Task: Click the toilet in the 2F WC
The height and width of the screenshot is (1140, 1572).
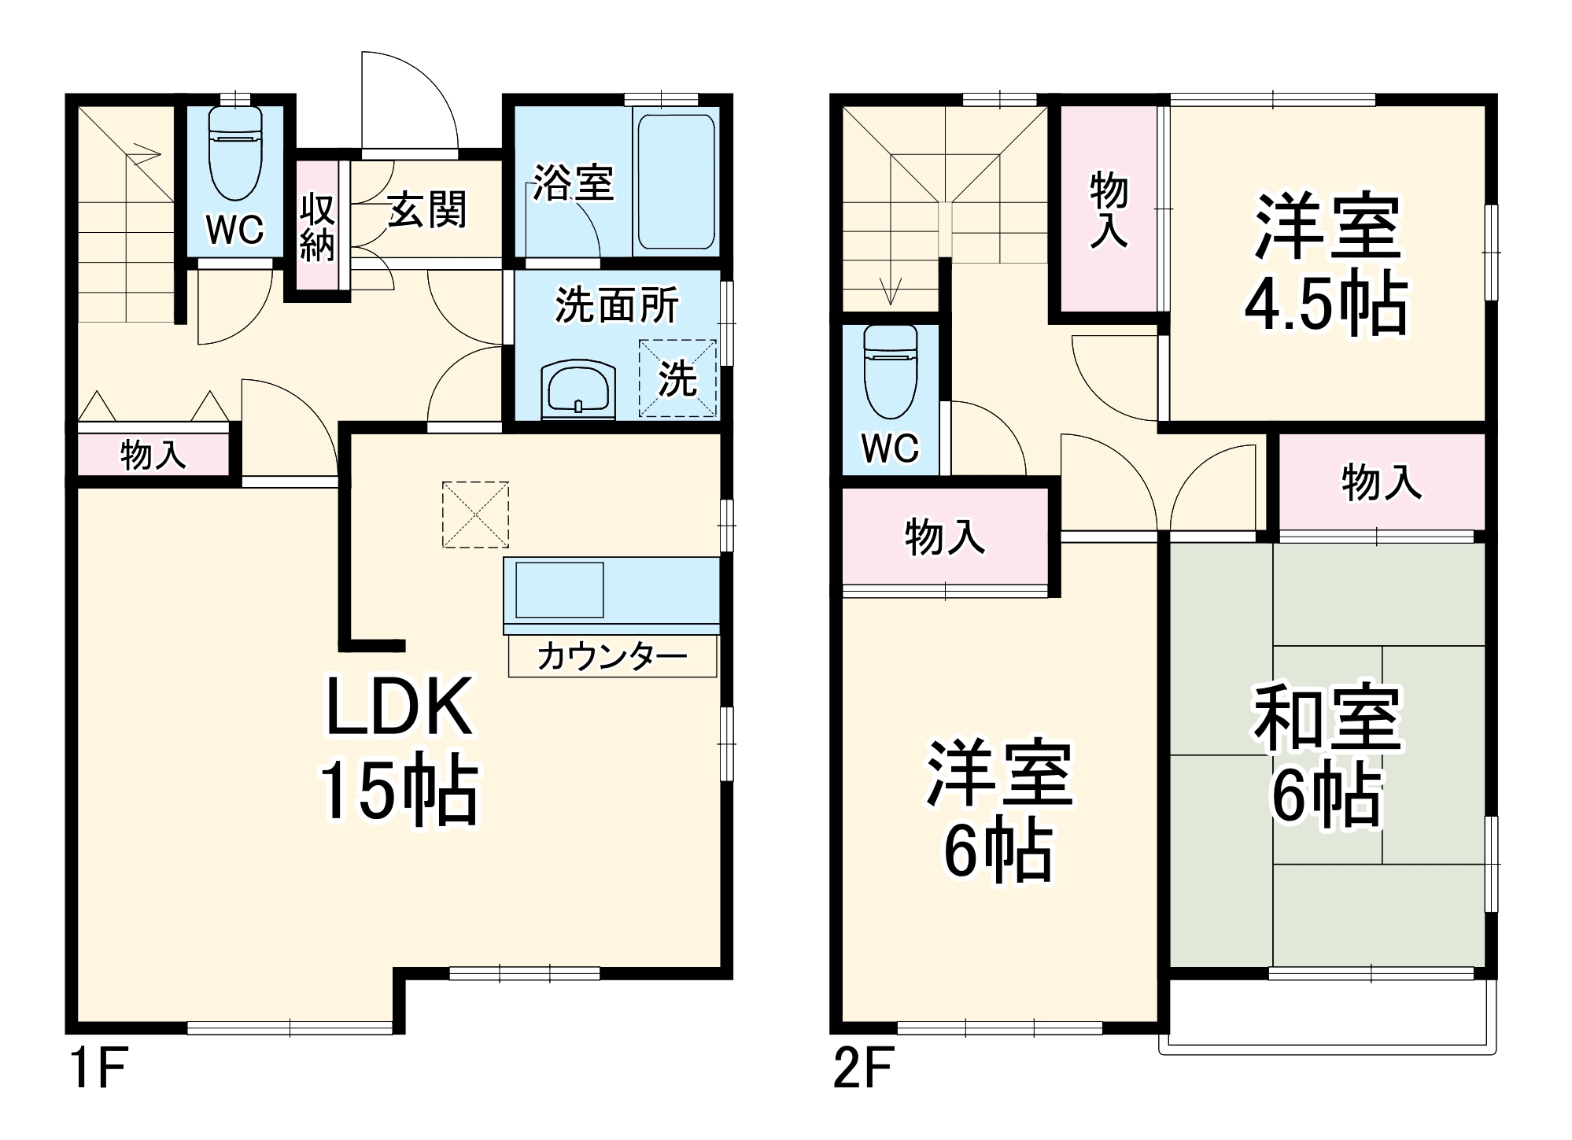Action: tap(890, 373)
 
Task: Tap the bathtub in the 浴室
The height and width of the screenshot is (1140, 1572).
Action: tap(676, 182)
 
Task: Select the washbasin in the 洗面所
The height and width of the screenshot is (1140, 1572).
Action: tap(578, 388)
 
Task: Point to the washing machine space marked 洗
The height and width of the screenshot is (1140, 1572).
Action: tap(677, 378)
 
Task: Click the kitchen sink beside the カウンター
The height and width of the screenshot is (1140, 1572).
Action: tap(559, 589)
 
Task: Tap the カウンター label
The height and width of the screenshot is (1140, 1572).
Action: tap(612, 656)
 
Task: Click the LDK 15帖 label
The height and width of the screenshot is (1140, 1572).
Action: tap(399, 748)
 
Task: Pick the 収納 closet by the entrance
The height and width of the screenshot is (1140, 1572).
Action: tap(317, 227)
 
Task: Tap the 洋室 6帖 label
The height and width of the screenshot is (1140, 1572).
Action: tap(999, 810)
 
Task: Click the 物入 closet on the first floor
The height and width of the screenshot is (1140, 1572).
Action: tap(153, 455)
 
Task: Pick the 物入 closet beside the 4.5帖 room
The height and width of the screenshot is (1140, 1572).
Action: tap(1108, 210)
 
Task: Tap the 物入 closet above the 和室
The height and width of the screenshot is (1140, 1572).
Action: tap(1381, 482)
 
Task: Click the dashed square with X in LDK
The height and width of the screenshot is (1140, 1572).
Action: tap(475, 515)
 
